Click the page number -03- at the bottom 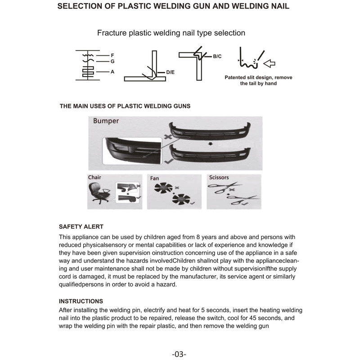click(179, 354)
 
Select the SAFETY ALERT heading click(81, 227)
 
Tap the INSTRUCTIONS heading click(81, 301)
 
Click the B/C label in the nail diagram click(217, 56)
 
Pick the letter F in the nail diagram click(112, 55)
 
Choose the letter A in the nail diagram click(112, 72)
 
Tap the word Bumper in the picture click(106, 121)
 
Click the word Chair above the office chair click(94, 177)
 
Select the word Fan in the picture click(154, 178)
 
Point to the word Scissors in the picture click(219, 177)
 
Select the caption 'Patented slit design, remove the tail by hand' click(258, 81)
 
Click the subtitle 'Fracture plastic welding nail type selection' click(171, 33)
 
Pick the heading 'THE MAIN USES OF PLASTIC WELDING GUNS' click(125, 106)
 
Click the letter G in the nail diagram click(112, 61)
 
